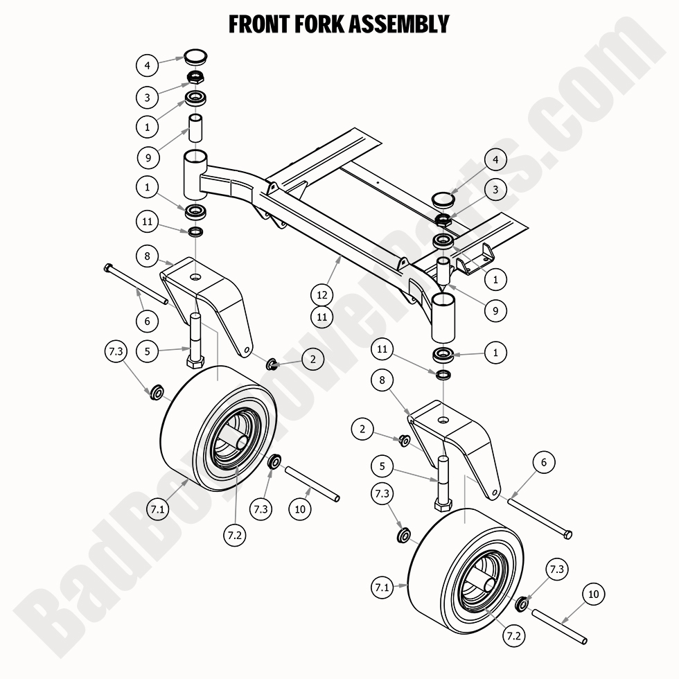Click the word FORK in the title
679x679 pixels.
(x=306, y=24)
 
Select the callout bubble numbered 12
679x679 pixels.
(x=322, y=294)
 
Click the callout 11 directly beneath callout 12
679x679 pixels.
(x=322, y=317)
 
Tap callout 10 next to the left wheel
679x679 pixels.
(x=299, y=509)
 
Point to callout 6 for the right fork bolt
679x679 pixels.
(x=544, y=463)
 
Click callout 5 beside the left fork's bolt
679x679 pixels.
(x=147, y=351)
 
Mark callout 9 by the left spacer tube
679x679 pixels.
(x=147, y=158)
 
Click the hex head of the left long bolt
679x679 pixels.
(x=107, y=267)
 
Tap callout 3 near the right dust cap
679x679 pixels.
(x=495, y=188)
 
